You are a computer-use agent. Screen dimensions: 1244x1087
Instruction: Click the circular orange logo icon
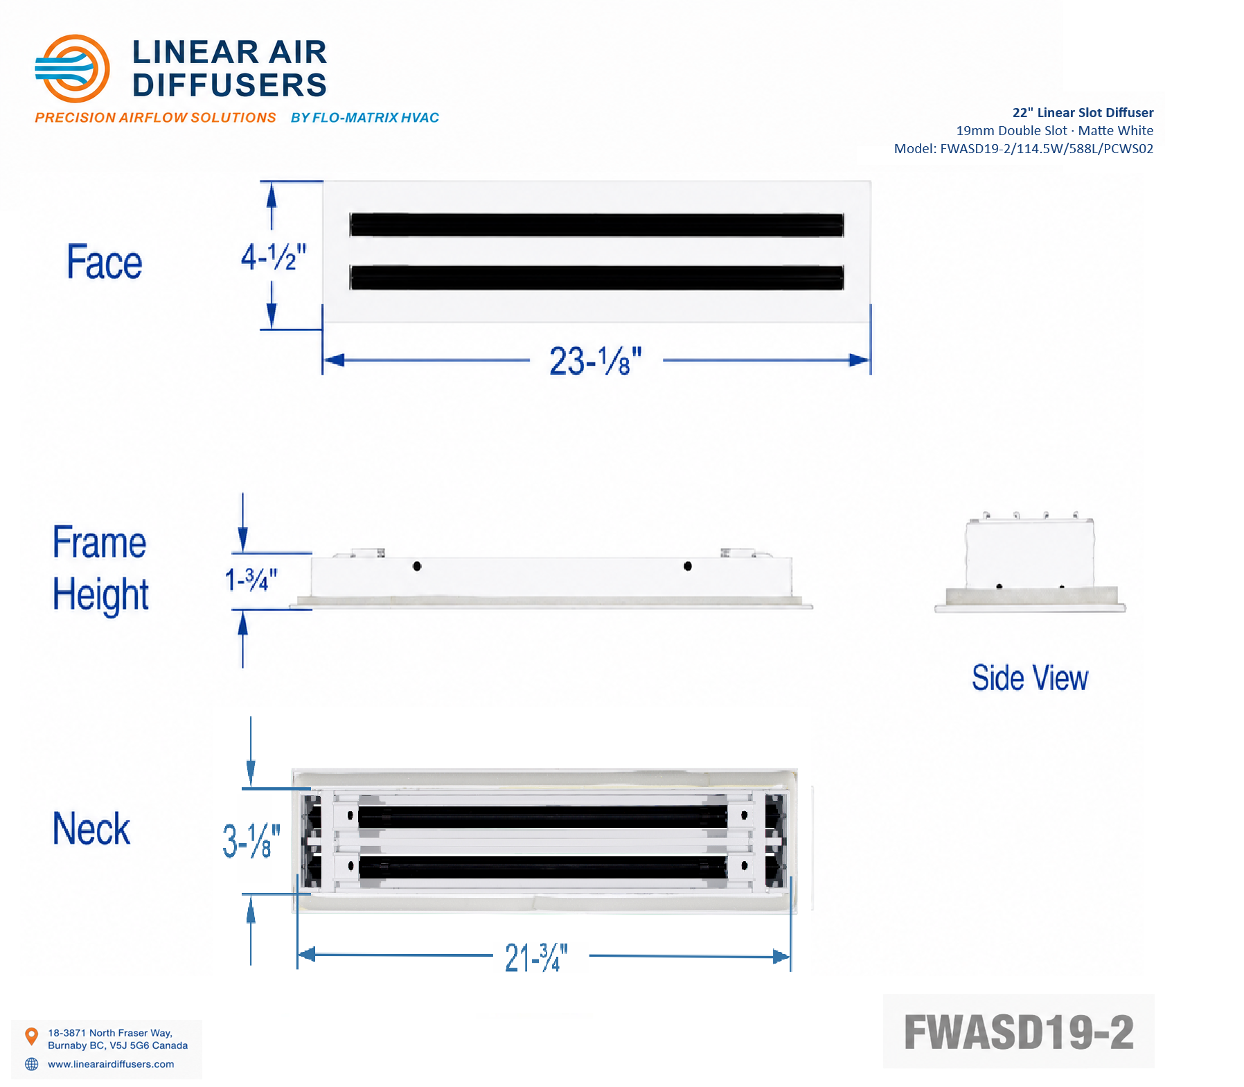click(72, 69)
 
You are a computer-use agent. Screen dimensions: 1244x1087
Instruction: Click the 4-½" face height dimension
click(273, 257)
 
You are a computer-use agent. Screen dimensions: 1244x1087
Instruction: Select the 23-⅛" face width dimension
click(596, 361)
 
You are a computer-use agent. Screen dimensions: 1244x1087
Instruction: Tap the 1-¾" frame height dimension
click(251, 579)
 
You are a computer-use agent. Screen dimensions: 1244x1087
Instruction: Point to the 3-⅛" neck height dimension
click(251, 841)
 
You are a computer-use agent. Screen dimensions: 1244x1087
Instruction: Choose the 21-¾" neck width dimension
click(536, 957)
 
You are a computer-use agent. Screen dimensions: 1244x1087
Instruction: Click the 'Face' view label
click(105, 262)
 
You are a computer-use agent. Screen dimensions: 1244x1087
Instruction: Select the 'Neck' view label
click(91, 829)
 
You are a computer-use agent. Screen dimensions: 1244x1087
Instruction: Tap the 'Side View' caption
click(1030, 678)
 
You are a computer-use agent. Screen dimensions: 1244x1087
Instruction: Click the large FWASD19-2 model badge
click(1018, 1032)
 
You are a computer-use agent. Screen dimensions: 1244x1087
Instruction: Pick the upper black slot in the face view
click(597, 225)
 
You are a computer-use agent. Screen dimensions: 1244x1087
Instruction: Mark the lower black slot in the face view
click(597, 278)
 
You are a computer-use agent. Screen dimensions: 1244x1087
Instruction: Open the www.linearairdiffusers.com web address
click(111, 1064)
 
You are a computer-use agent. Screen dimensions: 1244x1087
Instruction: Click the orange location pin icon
click(31, 1036)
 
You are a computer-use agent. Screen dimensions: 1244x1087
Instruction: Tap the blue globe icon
click(32, 1064)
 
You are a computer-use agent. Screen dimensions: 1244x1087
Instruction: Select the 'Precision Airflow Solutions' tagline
click(156, 118)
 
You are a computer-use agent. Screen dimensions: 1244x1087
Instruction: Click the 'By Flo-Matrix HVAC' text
click(365, 118)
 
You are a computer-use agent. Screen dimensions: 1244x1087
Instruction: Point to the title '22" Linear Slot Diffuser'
click(1083, 112)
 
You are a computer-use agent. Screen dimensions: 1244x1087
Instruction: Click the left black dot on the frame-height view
click(417, 566)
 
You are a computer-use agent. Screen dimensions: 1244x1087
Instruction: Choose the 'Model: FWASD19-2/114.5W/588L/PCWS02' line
click(1024, 148)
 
